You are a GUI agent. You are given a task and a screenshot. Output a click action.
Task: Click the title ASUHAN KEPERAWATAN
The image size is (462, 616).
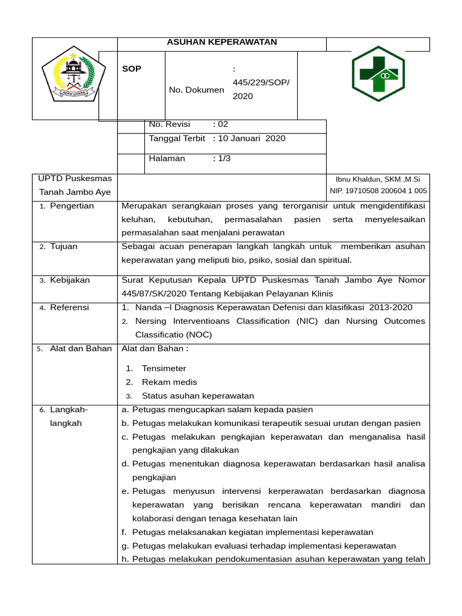point(221,42)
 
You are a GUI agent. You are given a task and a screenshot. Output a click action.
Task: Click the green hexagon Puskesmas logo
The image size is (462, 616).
point(378,73)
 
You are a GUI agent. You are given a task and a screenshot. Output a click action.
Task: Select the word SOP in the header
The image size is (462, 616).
point(132,69)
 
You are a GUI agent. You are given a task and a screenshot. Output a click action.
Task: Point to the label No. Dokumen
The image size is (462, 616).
point(196,90)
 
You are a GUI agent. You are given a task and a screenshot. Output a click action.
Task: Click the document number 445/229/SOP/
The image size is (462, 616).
point(260,82)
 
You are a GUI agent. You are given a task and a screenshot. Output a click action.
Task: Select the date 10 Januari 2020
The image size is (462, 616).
point(251,139)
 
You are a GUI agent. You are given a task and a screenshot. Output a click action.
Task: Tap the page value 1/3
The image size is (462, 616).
point(224,159)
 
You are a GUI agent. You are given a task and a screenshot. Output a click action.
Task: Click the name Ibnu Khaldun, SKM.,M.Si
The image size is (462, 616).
point(378,179)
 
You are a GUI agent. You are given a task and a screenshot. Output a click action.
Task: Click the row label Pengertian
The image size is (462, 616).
point(72,206)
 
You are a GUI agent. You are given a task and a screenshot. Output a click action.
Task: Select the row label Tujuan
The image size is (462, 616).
point(64,247)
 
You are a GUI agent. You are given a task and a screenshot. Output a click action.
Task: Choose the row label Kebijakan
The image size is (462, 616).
point(70,280)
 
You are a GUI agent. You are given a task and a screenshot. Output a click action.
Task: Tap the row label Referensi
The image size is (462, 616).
point(69,307)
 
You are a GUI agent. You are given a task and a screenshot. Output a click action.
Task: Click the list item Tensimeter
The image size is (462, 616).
point(164,369)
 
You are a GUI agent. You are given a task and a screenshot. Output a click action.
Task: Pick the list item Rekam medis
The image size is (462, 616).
point(169,382)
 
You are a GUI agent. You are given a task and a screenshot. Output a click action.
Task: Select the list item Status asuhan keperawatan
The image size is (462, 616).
point(198,396)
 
